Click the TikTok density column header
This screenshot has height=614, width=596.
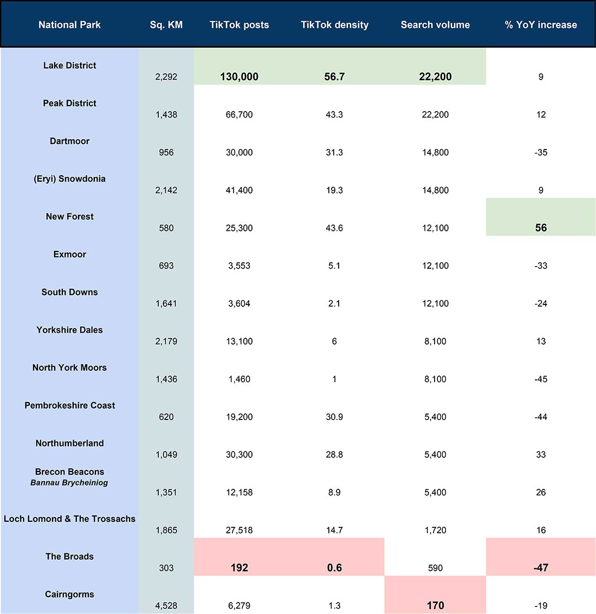[x=334, y=25]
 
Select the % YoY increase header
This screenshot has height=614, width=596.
[x=541, y=25]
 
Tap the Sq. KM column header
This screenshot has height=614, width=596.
[x=166, y=25]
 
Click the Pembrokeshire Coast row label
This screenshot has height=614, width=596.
[x=70, y=405]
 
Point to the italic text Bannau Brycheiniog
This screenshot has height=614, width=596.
[x=69, y=482]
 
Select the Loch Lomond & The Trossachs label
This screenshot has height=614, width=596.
[x=70, y=519]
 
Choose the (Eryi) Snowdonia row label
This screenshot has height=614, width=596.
[x=70, y=179]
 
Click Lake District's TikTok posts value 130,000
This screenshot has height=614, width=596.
[x=239, y=77]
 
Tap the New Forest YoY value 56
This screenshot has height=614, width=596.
[x=541, y=228]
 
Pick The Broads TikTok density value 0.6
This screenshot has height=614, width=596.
[x=334, y=568]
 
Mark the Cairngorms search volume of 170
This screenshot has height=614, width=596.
[x=436, y=605]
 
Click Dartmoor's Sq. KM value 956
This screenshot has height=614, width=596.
[x=166, y=152]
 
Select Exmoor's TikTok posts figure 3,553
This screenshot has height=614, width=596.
[x=239, y=266]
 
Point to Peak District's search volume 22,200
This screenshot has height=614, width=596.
[x=436, y=115]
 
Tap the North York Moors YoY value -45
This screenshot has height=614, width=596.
[x=541, y=379]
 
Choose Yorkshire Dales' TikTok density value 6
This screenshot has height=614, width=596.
[x=334, y=341]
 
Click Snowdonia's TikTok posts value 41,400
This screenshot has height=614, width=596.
[x=239, y=190]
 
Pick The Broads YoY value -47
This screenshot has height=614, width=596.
[x=541, y=568]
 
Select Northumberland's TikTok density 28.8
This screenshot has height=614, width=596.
[x=334, y=455]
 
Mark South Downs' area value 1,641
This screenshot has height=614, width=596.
[x=166, y=303]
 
